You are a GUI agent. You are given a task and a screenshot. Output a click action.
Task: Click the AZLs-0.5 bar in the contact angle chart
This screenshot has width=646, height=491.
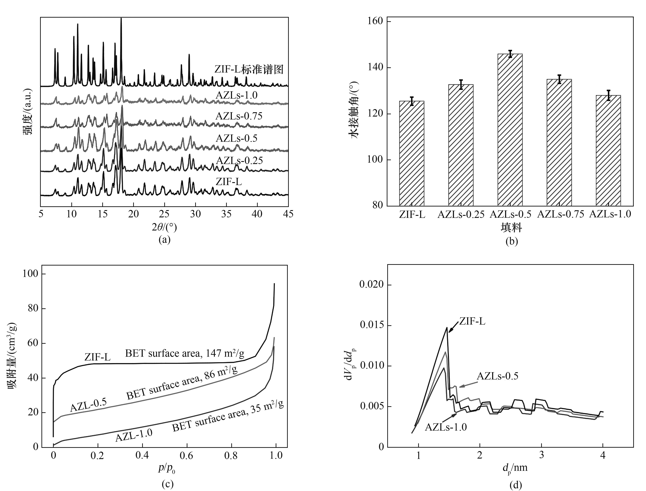pos(510,130)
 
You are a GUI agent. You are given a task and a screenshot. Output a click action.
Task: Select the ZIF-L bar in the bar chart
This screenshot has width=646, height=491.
pos(412,153)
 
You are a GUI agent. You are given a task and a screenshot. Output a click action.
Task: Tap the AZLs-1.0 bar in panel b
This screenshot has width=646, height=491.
pos(608,151)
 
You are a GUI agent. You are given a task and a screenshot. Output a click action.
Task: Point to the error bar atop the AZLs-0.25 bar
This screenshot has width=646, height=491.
pos(461,84)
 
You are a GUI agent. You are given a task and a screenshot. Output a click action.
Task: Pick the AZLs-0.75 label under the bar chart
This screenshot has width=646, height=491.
pos(560,214)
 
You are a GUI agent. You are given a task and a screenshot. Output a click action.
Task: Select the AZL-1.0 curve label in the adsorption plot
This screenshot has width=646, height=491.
pos(134,435)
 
